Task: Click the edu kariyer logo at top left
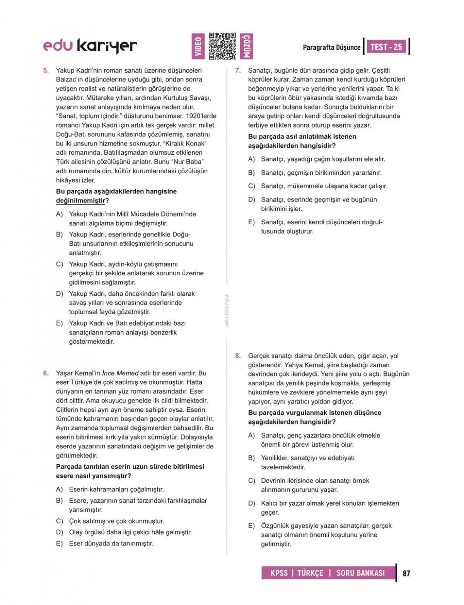pyautogui.click(x=90, y=46)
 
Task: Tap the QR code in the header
pyautogui.click(x=222, y=46)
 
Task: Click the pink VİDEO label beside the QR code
pyautogui.click(x=198, y=46)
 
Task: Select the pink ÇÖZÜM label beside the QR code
pyautogui.click(x=247, y=46)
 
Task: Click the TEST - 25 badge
pyautogui.click(x=386, y=47)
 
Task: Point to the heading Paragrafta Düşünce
pyautogui.click(x=331, y=48)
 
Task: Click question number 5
pyautogui.click(x=46, y=70)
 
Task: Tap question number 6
pyautogui.click(x=46, y=373)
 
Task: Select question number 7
pyautogui.click(x=238, y=70)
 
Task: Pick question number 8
pyautogui.click(x=238, y=356)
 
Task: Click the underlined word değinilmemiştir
pyautogui.click(x=80, y=201)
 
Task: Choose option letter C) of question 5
pyautogui.click(x=60, y=264)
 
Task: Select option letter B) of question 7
pyautogui.click(x=252, y=173)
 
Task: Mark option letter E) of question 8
pyautogui.click(x=252, y=526)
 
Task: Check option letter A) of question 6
pyautogui.click(x=60, y=489)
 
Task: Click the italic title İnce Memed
pyautogui.click(x=120, y=373)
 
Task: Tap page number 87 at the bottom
pyautogui.click(x=406, y=573)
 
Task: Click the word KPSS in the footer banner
pyautogui.click(x=279, y=573)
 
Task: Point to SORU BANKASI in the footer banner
pyautogui.click(x=360, y=573)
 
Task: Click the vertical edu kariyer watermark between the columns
pyautogui.click(x=227, y=311)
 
